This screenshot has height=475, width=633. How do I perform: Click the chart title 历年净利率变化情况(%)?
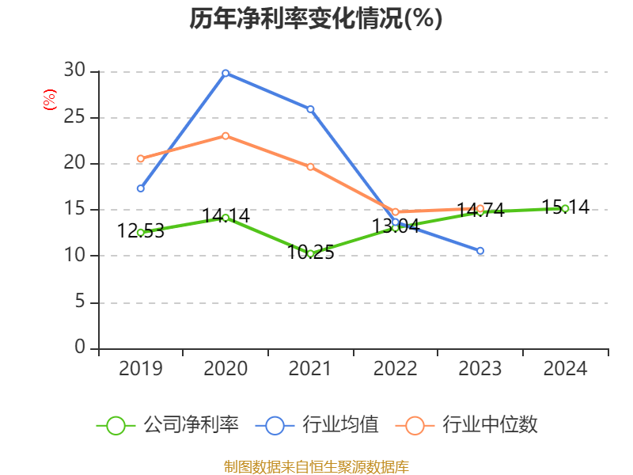click(x=316, y=19)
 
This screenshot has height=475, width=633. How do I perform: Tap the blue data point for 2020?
click(x=226, y=73)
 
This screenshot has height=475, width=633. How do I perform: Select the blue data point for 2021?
click(x=310, y=109)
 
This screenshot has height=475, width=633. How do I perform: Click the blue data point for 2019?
click(x=140, y=188)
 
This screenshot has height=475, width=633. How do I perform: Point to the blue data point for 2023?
click(x=480, y=251)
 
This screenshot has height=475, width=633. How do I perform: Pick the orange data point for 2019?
click(x=140, y=158)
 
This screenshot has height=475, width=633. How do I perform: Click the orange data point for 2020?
click(x=226, y=135)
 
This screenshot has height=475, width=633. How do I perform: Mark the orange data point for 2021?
click(x=310, y=166)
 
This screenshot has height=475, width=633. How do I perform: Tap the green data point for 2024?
click(x=565, y=208)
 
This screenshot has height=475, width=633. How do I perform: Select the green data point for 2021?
click(x=310, y=253)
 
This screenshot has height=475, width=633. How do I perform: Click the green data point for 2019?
click(x=140, y=233)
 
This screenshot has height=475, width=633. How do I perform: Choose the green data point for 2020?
click(x=226, y=217)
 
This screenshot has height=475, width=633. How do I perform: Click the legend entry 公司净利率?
click(x=168, y=425)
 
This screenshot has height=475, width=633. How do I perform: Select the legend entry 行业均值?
click(x=317, y=425)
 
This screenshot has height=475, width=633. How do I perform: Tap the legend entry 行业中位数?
click(x=472, y=425)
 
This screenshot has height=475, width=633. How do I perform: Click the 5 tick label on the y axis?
click(x=79, y=302)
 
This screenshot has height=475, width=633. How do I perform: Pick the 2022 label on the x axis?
click(x=395, y=369)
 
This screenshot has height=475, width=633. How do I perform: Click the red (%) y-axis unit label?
click(x=49, y=101)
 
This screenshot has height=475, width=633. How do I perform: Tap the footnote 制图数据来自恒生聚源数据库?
click(x=316, y=466)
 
